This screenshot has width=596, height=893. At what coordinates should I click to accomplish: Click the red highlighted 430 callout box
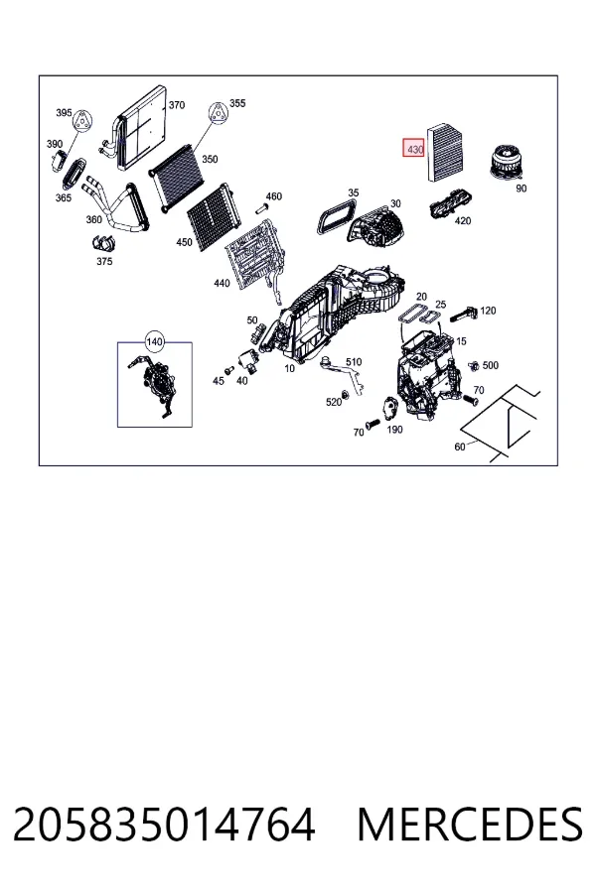click(x=414, y=149)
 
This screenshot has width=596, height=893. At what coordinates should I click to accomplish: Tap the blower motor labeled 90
click(x=504, y=163)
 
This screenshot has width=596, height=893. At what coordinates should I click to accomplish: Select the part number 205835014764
click(x=164, y=825)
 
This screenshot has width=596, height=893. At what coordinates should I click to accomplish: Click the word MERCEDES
click(x=470, y=825)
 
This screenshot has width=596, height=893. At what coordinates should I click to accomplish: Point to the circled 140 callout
click(x=155, y=342)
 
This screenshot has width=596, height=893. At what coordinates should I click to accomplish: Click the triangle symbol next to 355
click(x=218, y=113)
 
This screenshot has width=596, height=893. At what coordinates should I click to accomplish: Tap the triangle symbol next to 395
click(x=82, y=121)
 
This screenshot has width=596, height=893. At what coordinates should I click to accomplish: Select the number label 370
click(x=177, y=105)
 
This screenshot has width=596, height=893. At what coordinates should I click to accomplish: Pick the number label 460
click(x=274, y=196)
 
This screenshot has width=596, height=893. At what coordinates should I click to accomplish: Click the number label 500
click(x=491, y=365)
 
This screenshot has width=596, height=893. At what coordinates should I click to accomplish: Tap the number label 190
click(x=394, y=430)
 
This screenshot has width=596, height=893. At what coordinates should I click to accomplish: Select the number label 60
click(x=460, y=447)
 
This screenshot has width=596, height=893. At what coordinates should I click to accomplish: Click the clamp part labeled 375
click(x=103, y=243)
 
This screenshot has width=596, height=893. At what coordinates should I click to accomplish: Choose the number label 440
click(x=222, y=283)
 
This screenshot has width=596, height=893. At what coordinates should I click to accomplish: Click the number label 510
click(x=354, y=361)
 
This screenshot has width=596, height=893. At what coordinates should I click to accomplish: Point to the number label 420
click(x=463, y=220)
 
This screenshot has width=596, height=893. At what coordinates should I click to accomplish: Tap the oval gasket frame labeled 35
click(x=336, y=217)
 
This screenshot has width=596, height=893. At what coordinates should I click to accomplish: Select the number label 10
click(x=290, y=368)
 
